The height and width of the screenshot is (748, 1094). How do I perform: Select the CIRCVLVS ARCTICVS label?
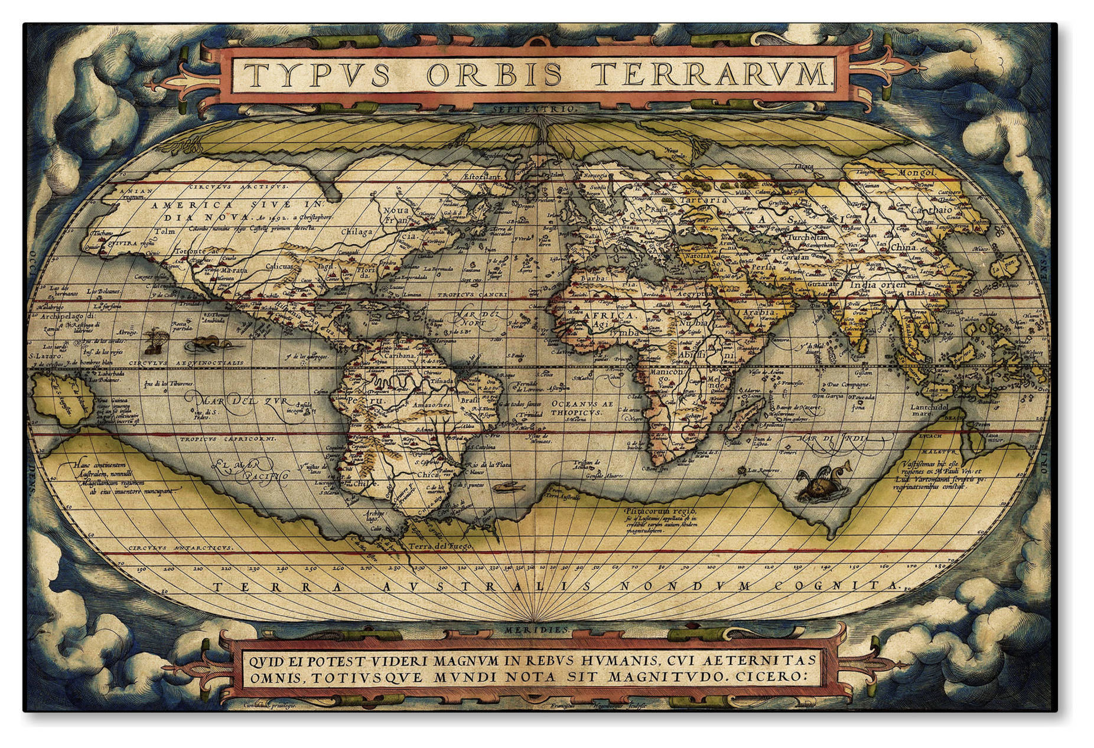(239, 187)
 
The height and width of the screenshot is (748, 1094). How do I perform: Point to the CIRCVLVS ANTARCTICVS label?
(180, 548)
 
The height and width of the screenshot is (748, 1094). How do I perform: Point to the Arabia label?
(758, 312)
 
